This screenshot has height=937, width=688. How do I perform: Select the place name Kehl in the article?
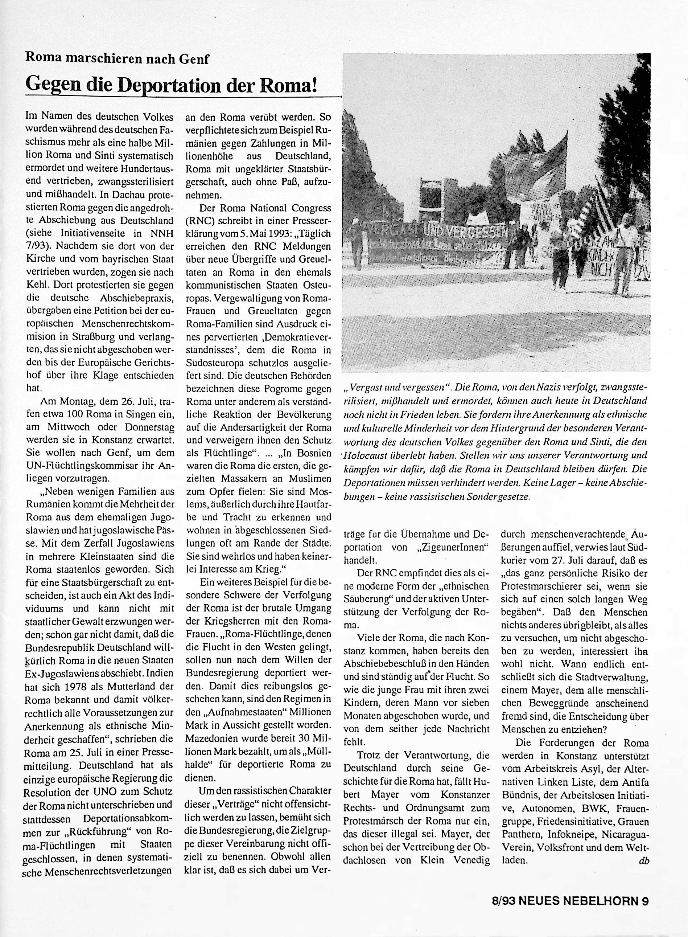(36, 285)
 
